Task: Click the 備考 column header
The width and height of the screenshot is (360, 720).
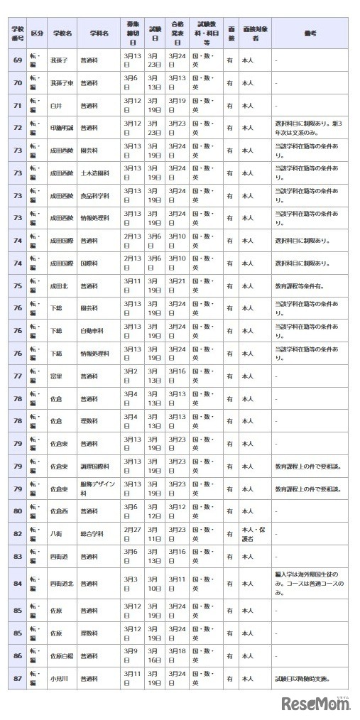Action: point(310,33)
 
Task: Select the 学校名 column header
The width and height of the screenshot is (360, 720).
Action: point(62,33)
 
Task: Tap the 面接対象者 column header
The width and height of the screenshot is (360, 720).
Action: point(253,33)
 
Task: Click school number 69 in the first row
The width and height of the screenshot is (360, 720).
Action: point(18,60)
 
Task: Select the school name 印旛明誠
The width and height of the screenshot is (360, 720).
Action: point(61,128)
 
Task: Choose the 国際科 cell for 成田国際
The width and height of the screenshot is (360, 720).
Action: point(89,263)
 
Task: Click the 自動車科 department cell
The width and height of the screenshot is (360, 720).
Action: point(91,331)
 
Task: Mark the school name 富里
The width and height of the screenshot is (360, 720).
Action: point(56,376)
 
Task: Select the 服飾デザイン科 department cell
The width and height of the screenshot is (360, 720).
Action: point(98,489)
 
